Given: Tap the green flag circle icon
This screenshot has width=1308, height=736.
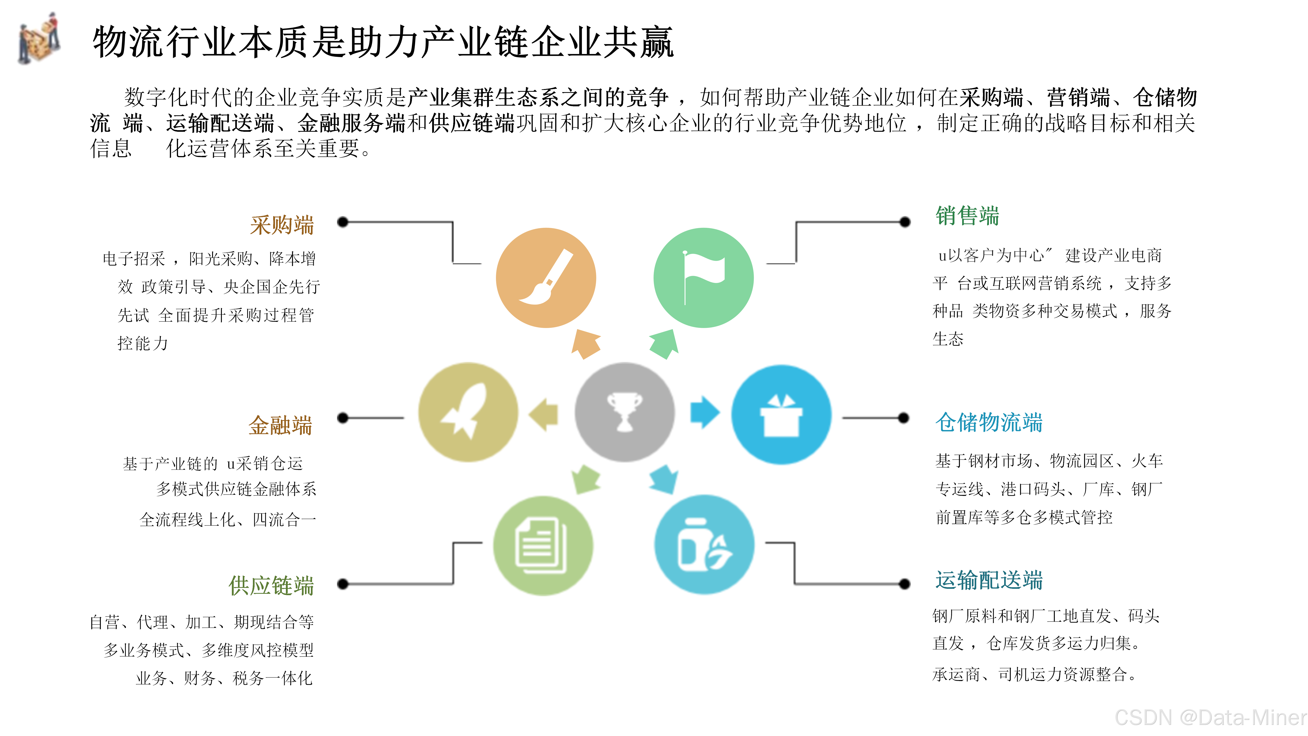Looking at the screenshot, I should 703,278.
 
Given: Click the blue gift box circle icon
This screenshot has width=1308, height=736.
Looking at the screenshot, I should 781,415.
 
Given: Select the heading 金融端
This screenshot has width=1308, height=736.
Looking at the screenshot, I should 280,425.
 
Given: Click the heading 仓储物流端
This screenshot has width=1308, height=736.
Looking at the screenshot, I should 989,422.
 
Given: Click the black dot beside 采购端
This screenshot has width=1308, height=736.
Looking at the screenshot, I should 343,222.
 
